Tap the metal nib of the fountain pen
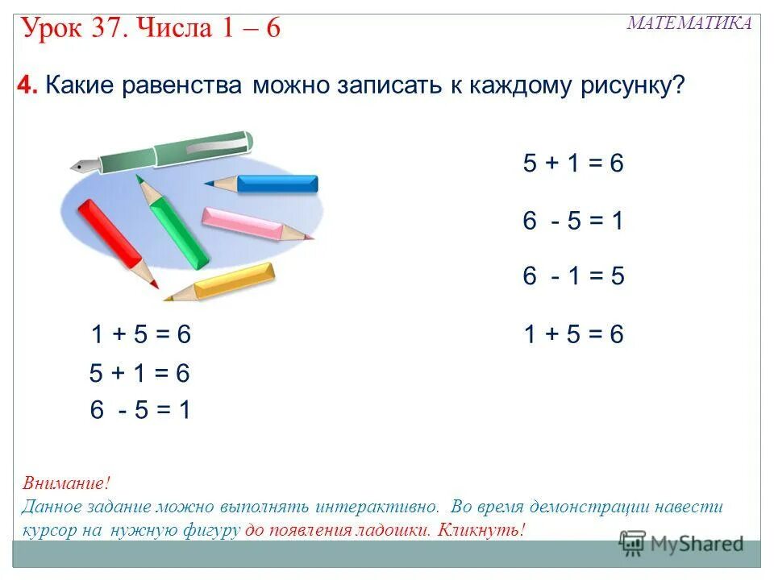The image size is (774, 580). click(83, 166)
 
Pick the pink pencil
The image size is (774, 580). click(246, 222)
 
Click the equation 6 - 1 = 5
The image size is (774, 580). click(573, 276)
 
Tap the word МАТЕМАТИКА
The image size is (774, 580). click(689, 23)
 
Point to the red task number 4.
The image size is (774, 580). click(27, 86)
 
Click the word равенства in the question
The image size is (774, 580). click(186, 86)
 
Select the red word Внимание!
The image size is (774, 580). click(66, 484)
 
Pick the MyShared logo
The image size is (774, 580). click(681, 544)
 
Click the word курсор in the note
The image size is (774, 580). click(49, 530)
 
